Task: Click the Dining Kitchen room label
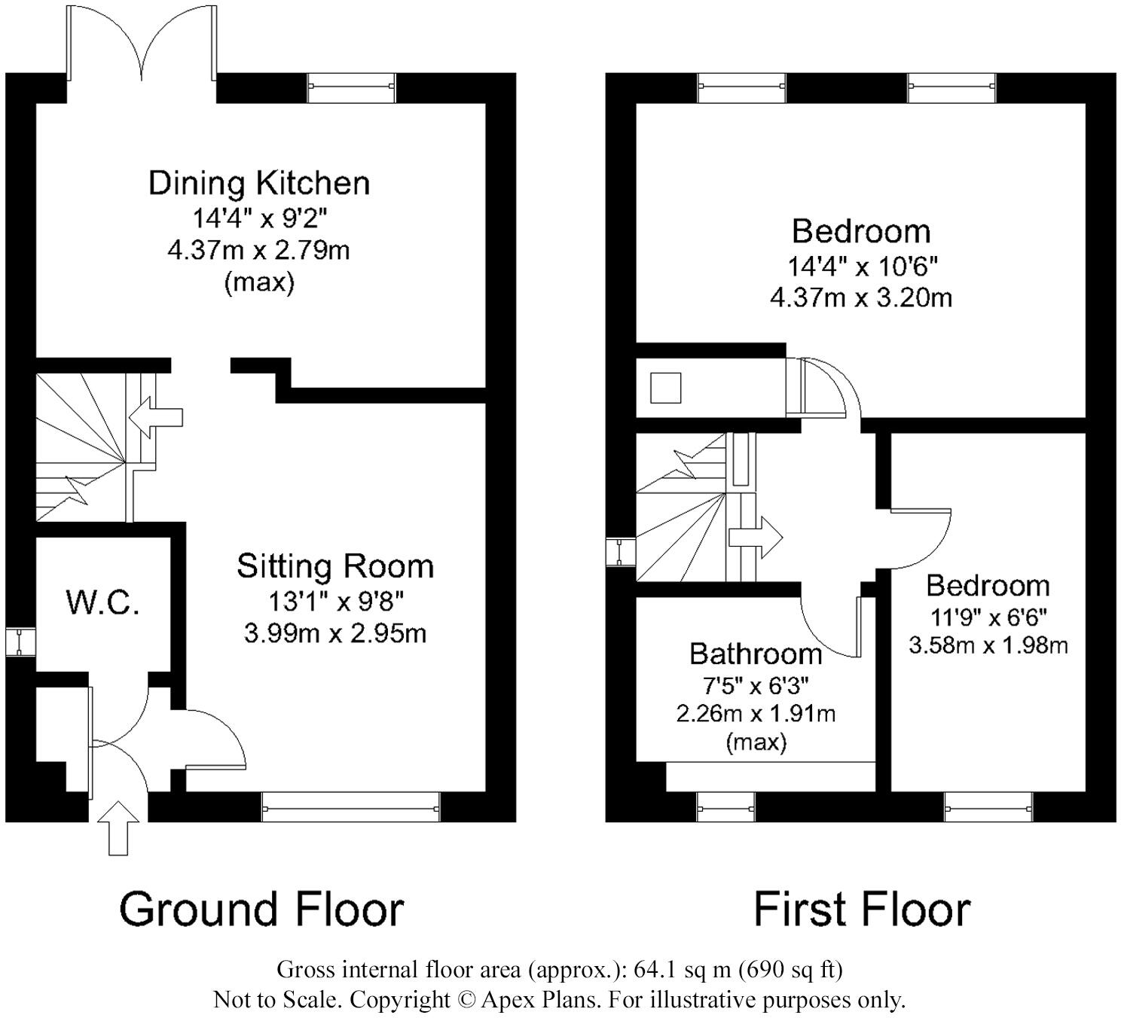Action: point(258,184)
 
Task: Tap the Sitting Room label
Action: point(335,566)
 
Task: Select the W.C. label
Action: point(102,603)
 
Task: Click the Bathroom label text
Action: point(756,654)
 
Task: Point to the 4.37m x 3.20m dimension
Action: point(861,298)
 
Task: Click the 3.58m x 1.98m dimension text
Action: point(988,646)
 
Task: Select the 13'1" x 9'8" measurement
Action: point(336,602)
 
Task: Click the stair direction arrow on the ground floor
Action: point(155,417)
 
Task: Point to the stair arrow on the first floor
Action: point(756,537)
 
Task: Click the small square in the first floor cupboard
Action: point(665,388)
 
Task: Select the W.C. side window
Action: point(20,642)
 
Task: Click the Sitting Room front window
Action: point(351,808)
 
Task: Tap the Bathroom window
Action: point(726,808)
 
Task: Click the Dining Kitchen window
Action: point(352,87)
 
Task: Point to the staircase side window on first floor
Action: point(621,552)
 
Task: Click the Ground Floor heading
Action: point(261,910)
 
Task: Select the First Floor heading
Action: point(862,910)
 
